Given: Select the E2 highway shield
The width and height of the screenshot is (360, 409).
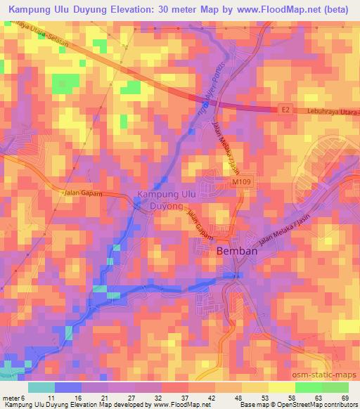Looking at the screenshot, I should pos(284,110).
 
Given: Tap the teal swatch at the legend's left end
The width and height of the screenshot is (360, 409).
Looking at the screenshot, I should pos(41,387).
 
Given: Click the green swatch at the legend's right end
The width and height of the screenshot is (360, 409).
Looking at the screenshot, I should pos(334,387).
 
